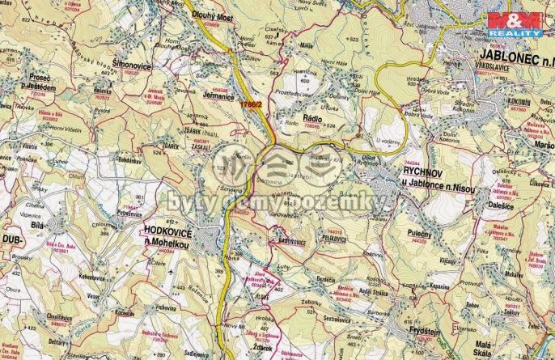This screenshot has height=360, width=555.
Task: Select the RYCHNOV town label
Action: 424,171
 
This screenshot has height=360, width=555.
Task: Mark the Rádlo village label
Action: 311,119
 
